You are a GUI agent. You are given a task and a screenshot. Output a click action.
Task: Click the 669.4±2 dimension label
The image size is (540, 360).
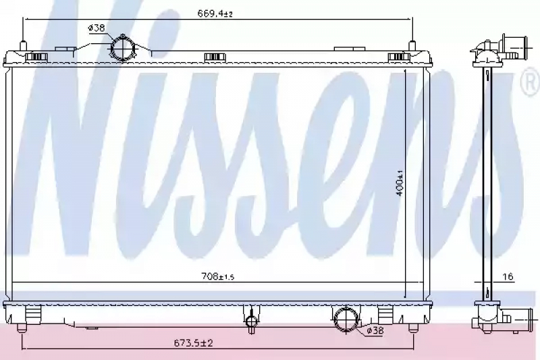(x=215, y=14)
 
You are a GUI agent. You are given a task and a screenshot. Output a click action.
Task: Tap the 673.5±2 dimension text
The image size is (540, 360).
(x=193, y=343)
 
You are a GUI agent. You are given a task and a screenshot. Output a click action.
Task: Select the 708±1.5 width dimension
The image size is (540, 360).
(x=217, y=276)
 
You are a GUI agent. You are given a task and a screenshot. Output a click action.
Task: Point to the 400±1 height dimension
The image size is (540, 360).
(x=400, y=182)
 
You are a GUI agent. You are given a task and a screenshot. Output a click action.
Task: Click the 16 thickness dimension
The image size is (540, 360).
(x=508, y=276)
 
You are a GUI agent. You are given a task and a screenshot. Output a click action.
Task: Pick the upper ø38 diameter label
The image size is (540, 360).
(x=97, y=28)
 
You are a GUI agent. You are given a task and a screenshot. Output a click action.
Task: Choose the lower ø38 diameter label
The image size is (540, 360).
(x=375, y=331)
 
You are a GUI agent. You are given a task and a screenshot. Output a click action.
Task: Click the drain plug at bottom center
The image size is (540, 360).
(x=251, y=321)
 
